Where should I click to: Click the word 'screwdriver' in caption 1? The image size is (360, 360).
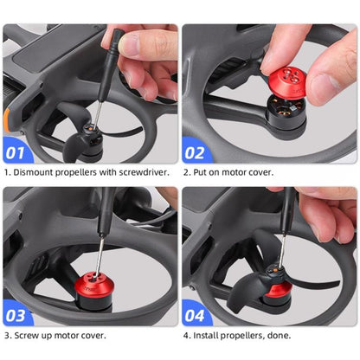(x=146, y=171)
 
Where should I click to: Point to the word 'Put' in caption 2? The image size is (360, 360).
(x=201, y=171)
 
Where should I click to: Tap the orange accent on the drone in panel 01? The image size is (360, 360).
(x=11, y=113)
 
